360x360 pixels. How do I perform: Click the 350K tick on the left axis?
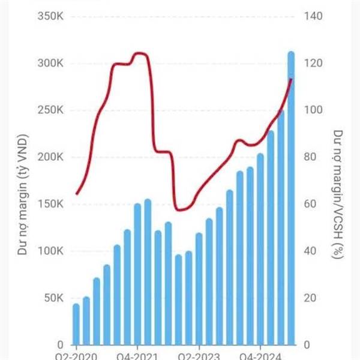50,16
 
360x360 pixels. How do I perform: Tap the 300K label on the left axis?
50,64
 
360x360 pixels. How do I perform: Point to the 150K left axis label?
50,204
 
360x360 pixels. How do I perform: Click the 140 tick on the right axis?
316,16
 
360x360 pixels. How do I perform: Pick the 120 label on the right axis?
316,64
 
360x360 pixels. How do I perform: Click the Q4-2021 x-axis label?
137,355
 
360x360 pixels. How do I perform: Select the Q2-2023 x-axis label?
199,355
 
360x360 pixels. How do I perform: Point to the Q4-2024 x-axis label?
260,355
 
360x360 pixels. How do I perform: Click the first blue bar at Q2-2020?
76,324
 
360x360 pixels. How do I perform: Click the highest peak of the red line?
139,53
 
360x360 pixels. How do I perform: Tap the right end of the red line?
291,79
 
